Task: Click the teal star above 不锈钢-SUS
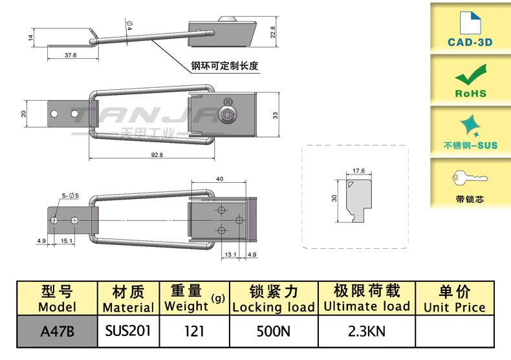pos(470,124)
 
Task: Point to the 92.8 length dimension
pos(156,155)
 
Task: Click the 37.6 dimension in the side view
pos(71,56)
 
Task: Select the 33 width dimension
pos(274,115)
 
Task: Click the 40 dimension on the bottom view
pos(220,179)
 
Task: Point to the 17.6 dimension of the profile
pos(359,171)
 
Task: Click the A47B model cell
pos(57,332)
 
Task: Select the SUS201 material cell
pos(128,331)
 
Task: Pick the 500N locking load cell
pos(273,332)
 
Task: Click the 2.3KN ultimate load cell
pos(366,332)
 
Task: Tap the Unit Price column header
pos(454,299)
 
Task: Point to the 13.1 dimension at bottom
pos(230,255)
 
